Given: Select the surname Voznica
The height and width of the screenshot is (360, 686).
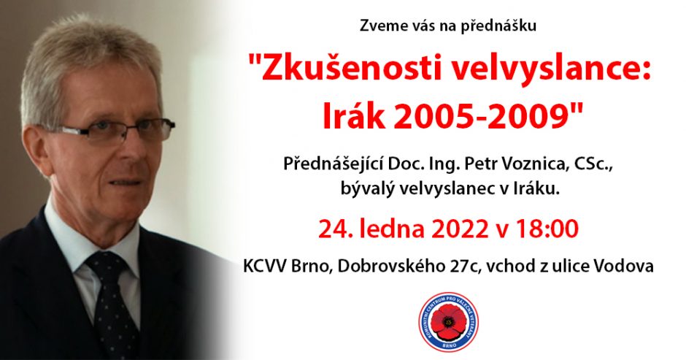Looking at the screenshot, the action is point(532,164).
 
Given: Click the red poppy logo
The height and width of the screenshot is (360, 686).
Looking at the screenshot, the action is point(448,322).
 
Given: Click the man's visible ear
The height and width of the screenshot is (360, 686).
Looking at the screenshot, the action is point(36,151).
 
